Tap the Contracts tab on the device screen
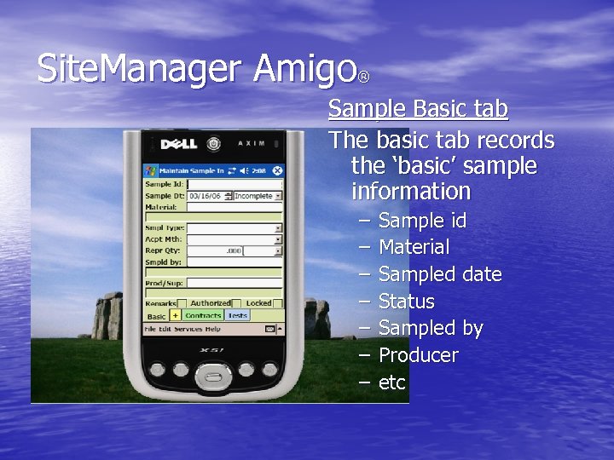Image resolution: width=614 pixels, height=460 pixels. (x=203, y=315)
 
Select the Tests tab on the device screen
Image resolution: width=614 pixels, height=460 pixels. (x=237, y=315)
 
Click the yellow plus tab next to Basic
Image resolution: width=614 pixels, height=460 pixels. (x=176, y=315)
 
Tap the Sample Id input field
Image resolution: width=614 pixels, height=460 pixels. (x=234, y=184)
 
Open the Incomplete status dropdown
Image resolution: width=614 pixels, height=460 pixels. (x=256, y=196)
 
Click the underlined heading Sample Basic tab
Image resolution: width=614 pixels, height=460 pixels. (x=418, y=109)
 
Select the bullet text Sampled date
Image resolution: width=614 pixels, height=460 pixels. (x=439, y=274)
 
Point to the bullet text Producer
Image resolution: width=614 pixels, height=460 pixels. (x=418, y=354)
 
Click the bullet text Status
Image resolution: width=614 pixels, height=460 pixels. (x=406, y=302)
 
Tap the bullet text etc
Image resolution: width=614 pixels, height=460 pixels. (x=391, y=382)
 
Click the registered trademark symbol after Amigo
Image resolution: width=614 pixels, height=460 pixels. (x=363, y=78)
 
